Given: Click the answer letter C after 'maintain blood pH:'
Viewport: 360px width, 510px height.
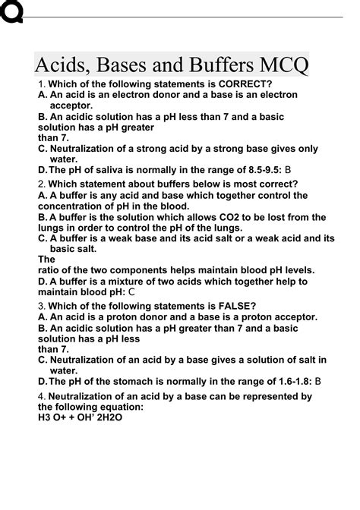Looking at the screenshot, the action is coord(132,291).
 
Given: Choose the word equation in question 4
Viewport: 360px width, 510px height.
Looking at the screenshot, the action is coord(120,407).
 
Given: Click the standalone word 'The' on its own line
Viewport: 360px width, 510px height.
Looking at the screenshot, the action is coord(46,259).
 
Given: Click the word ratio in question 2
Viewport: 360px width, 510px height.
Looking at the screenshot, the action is coord(49,270).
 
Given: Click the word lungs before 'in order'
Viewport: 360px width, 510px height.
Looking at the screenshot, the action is coord(52,227).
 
